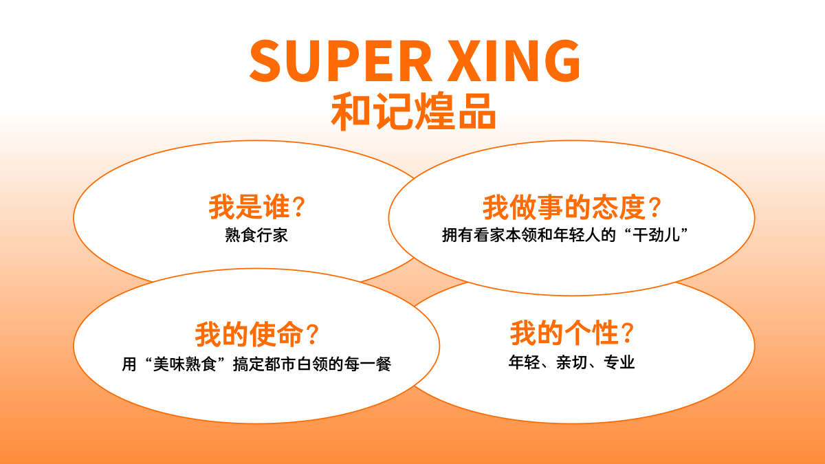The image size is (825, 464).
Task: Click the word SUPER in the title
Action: [340, 60]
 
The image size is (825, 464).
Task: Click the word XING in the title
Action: [514, 60]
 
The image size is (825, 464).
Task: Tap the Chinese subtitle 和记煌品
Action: [413, 111]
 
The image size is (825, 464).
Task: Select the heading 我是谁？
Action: [256, 207]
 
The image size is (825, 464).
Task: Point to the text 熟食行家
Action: [256, 235]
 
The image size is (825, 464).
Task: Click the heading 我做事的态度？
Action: [572, 207]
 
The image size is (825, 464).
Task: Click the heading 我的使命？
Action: [256, 334]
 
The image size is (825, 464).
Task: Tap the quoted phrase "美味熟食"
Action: [185, 364]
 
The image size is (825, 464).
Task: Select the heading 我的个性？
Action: [572, 333]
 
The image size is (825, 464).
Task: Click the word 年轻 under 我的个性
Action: [525, 363]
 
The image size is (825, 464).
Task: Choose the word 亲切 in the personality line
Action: [571, 363]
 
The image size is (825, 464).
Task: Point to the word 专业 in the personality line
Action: [619, 363]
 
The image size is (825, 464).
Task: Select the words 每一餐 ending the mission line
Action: [368, 364]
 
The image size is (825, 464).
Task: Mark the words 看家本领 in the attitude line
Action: [505, 235]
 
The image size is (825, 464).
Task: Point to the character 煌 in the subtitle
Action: [434, 111]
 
